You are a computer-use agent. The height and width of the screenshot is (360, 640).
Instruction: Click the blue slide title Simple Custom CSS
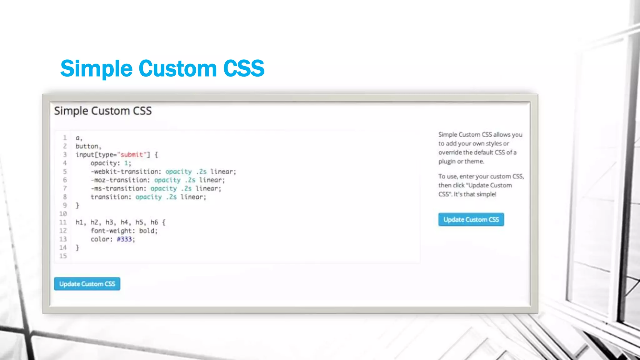pyautogui.click(x=162, y=68)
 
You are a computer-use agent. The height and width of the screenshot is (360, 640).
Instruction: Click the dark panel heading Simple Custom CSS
pyautogui.click(x=103, y=111)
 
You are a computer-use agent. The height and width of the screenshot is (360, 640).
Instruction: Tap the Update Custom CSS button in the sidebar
pyautogui.click(x=471, y=219)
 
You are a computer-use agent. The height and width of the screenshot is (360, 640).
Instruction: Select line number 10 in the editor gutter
pyautogui.click(x=63, y=214)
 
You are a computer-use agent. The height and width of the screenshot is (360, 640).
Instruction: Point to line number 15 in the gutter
pyautogui.click(x=63, y=256)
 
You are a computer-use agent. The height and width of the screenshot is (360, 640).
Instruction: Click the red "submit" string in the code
pyautogui.click(x=132, y=155)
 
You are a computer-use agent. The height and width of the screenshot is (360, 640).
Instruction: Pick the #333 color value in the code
pyautogui.click(x=124, y=239)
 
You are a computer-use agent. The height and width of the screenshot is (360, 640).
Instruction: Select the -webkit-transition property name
pyautogui.click(x=124, y=172)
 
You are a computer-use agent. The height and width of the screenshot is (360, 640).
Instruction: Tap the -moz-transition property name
pyautogui.click(x=119, y=180)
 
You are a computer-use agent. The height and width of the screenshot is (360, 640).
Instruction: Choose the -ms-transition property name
pyautogui.click(x=117, y=188)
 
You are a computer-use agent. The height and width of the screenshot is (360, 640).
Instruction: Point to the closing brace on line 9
pyautogui.click(x=77, y=205)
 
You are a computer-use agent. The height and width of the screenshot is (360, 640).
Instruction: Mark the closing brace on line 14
pyautogui.click(x=77, y=247)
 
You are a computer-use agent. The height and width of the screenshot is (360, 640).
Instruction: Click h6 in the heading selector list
pyautogui.click(x=154, y=222)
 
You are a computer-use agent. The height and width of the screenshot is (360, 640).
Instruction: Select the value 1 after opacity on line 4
pyautogui.click(x=126, y=163)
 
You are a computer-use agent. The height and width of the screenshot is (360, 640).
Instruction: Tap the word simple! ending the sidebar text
pyautogui.click(x=486, y=194)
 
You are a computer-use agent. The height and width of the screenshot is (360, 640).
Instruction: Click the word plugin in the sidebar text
pyautogui.click(x=447, y=162)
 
